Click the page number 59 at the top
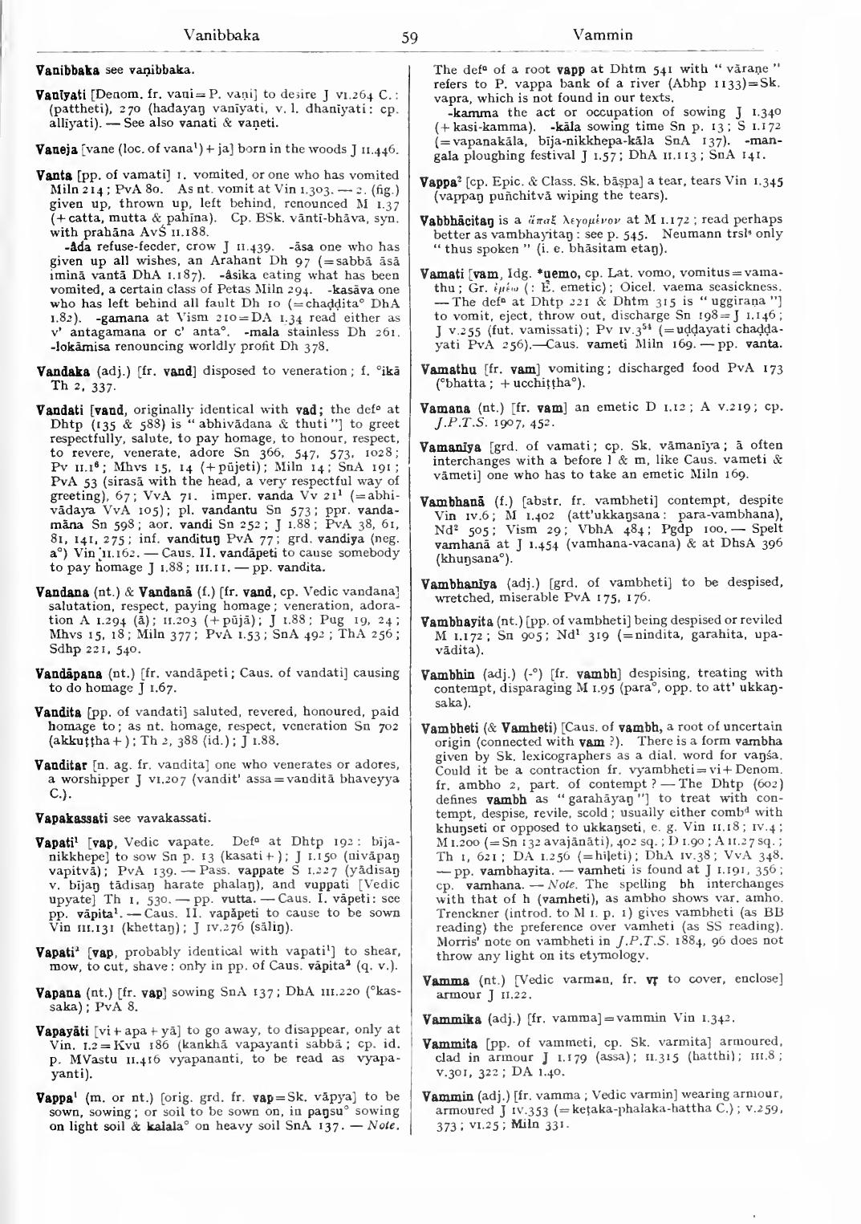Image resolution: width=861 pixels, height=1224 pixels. (410, 37)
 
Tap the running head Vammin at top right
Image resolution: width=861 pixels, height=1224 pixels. (603, 35)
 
